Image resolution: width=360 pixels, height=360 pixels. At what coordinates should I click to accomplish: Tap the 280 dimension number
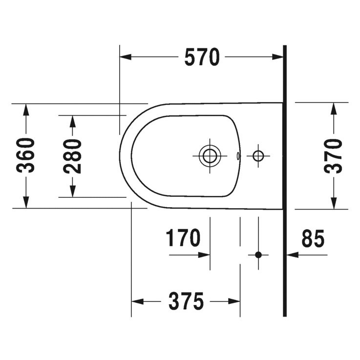pyautogui.click(x=72, y=156)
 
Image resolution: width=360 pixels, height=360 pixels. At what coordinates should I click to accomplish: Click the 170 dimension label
pyautogui.click(x=183, y=238)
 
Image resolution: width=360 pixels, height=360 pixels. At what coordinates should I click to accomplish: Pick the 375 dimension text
pyautogui.click(x=186, y=301)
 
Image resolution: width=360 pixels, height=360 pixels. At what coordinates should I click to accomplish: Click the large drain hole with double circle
pyautogui.click(x=210, y=156)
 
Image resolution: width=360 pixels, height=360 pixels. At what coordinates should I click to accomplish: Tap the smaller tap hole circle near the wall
pyautogui.click(x=258, y=156)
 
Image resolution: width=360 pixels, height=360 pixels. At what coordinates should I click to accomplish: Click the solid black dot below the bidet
pyautogui.click(x=258, y=254)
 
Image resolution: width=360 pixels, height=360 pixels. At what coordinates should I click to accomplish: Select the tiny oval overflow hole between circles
pyautogui.click(x=238, y=156)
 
